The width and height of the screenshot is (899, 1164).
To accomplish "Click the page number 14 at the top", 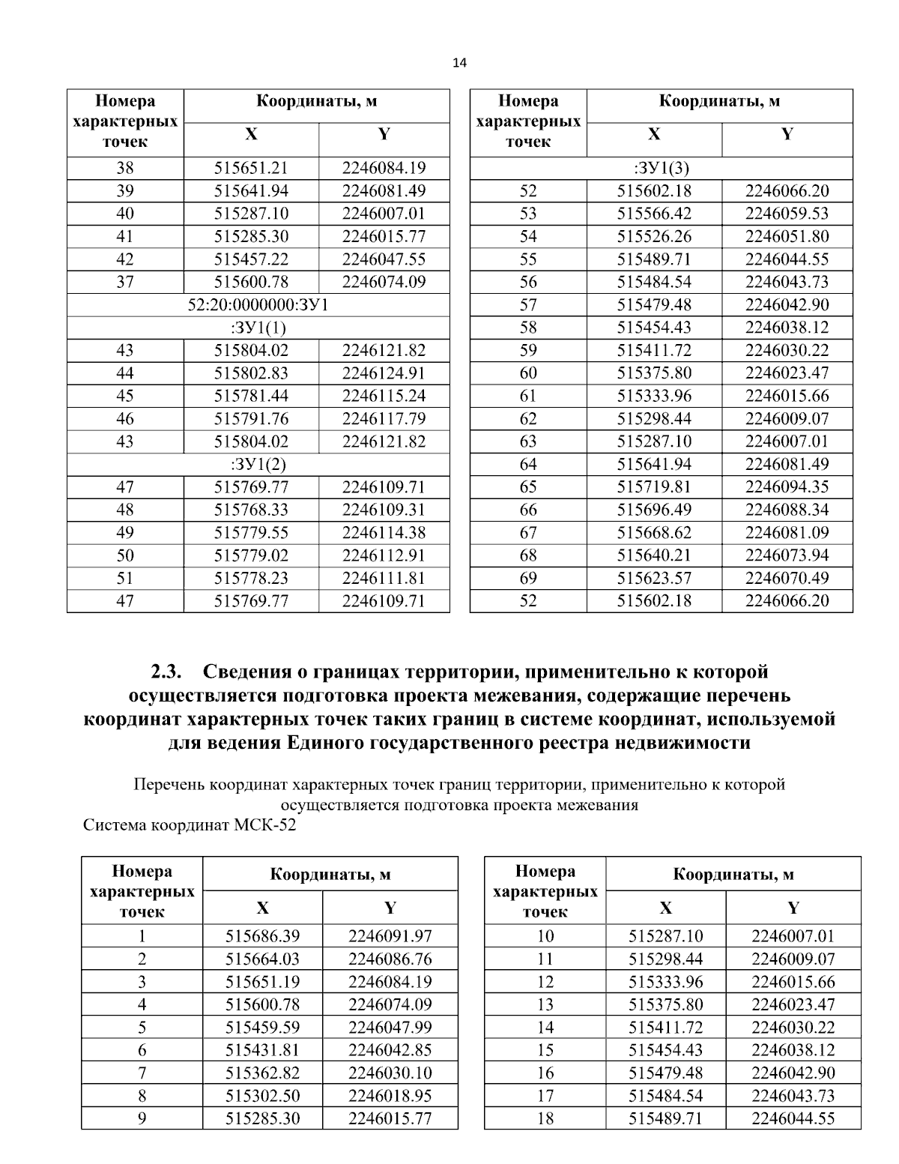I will click(459, 64).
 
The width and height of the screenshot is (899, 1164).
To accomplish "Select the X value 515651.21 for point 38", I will click(251, 168).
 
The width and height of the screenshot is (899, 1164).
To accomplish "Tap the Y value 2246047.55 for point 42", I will click(384, 259).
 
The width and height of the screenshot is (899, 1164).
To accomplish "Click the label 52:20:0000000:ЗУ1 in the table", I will click(258, 305).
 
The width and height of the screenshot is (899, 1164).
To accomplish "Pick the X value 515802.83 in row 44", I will click(251, 373).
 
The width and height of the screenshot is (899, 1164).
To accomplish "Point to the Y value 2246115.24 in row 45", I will click(384, 396).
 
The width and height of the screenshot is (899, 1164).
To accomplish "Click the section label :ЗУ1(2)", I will click(258, 464).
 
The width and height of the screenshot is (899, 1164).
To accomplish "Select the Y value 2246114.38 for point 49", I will click(384, 533).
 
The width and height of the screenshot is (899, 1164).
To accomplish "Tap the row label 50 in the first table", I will click(125, 555).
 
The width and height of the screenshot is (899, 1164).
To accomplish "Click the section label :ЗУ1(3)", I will click(661, 168).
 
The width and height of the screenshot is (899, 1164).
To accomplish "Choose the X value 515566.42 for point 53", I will click(654, 214).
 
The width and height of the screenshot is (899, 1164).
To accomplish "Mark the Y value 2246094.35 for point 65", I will click(787, 487).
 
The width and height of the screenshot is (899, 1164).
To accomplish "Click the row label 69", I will click(528, 578).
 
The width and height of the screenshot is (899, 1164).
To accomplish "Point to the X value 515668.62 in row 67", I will click(654, 533).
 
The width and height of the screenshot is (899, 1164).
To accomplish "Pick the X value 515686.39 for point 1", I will click(262, 935).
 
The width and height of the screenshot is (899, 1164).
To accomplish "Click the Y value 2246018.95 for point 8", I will click(390, 1096).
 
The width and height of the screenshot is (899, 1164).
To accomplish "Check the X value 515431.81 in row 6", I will click(262, 1050).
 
